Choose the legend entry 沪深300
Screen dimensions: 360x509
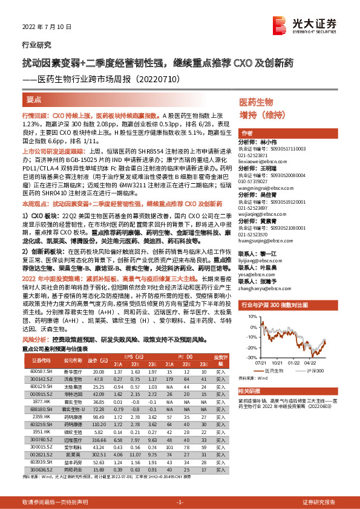coord(314,369)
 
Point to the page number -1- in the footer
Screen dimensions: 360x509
coord(180,502)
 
